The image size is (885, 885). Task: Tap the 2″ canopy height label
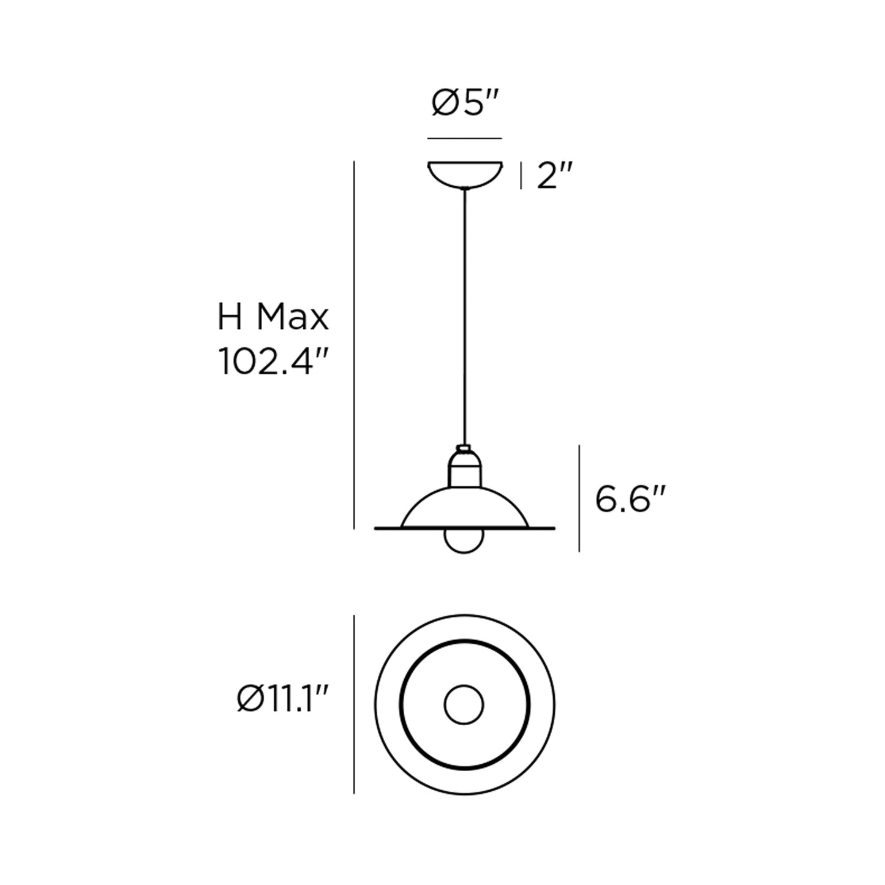[x=554, y=177]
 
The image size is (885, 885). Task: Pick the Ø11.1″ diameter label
[x=284, y=699]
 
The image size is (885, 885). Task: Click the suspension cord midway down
[x=465, y=318]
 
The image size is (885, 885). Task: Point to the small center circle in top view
[x=464, y=705]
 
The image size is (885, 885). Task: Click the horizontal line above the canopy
[x=465, y=138]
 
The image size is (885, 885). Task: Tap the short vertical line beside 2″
[x=521, y=176]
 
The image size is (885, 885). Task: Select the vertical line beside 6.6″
[x=579, y=499]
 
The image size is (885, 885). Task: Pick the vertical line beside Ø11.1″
[x=355, y=704]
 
